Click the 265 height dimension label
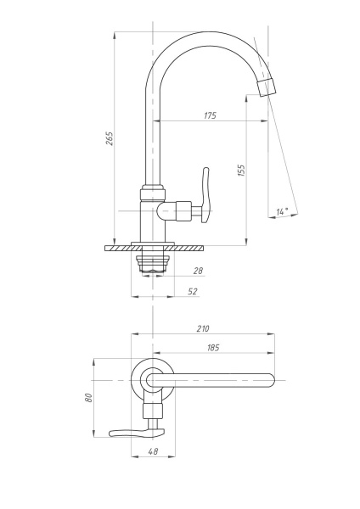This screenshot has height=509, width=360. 110,138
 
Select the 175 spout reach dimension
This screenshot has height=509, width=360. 211,115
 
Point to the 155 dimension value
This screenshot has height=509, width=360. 241,171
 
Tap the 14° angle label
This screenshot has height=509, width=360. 283,211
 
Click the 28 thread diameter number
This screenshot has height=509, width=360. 198,271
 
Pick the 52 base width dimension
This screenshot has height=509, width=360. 193,291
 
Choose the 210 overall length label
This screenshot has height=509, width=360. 203,328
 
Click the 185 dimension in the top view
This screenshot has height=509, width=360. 213,348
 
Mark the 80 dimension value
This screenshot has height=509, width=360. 88,398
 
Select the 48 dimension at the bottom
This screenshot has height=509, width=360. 153,451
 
